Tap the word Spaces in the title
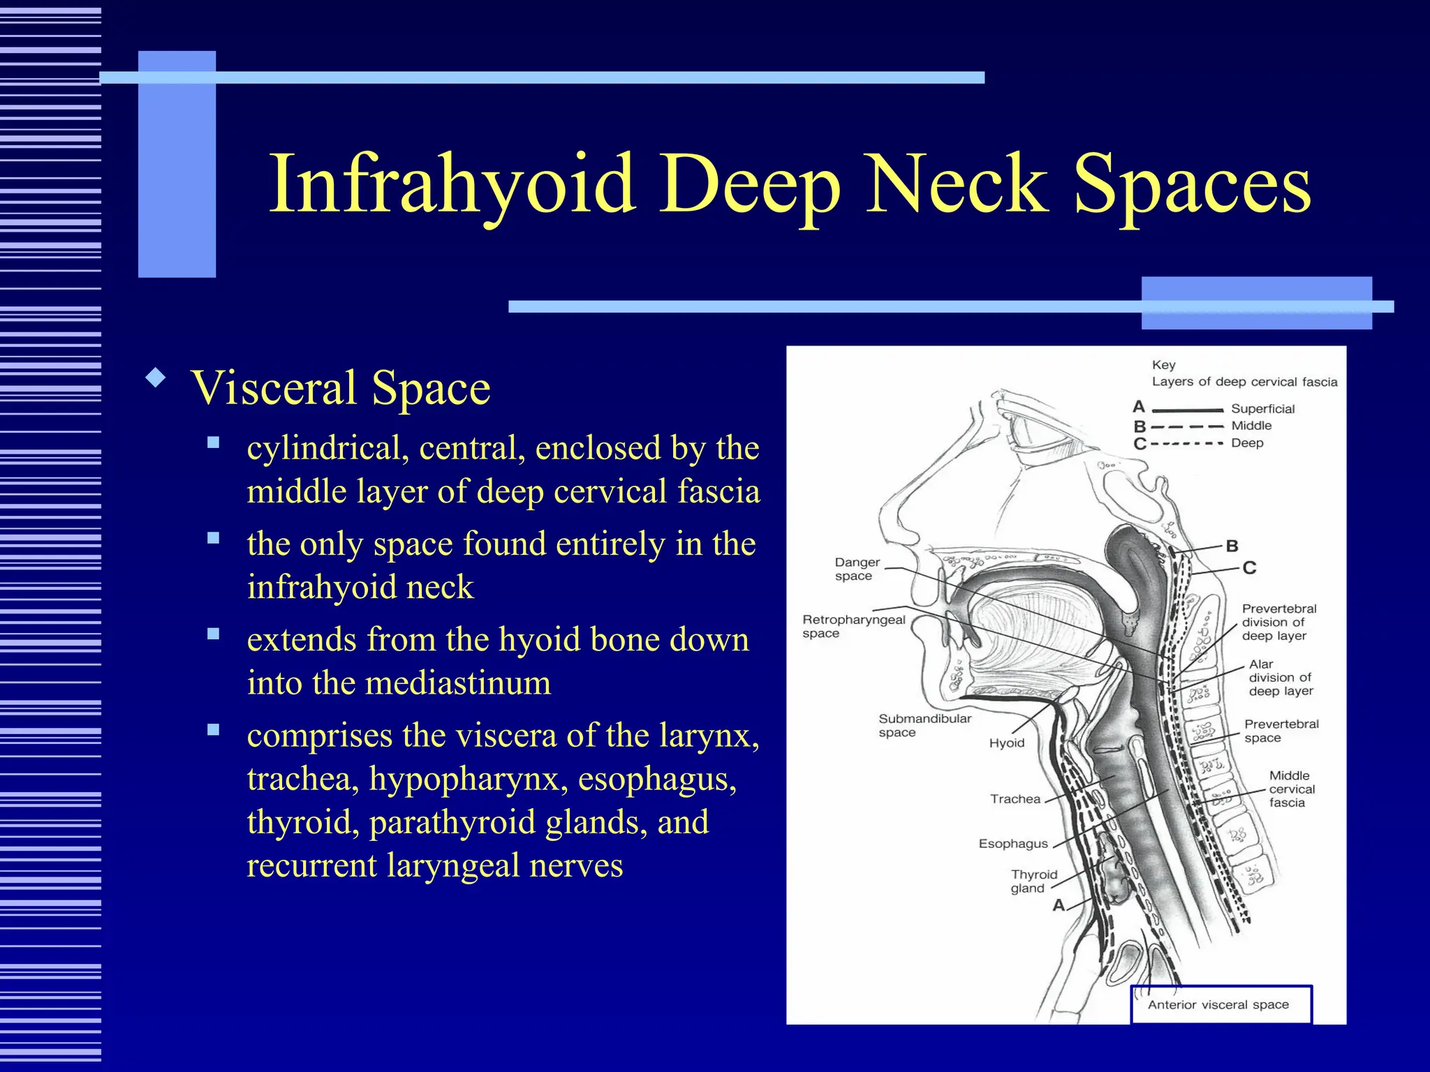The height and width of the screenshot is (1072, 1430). pos(1193,185)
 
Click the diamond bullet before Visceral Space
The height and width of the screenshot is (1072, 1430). pos(156,379)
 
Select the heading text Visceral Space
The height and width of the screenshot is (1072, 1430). pos(341,388)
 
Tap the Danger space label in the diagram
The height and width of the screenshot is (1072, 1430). pos(857,569)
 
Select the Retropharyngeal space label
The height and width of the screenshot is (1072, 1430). pos(853,626)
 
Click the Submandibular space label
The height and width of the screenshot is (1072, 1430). pos(924,725)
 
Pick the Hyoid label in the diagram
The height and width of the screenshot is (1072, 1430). pos(1006,743)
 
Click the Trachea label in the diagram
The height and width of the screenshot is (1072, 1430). pos(1015,799)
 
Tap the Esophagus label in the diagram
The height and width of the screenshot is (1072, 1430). pos(1013,844)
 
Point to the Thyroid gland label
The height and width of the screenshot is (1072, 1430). pos(1033,881)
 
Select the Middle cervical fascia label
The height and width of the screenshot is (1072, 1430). pos(1290,789)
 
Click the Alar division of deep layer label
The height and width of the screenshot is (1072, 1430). pos(1280,678)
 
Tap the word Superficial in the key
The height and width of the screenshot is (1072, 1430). pos(1262,409)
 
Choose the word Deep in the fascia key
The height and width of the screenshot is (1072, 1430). pos(1247,443)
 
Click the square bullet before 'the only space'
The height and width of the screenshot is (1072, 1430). pos(213,538)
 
